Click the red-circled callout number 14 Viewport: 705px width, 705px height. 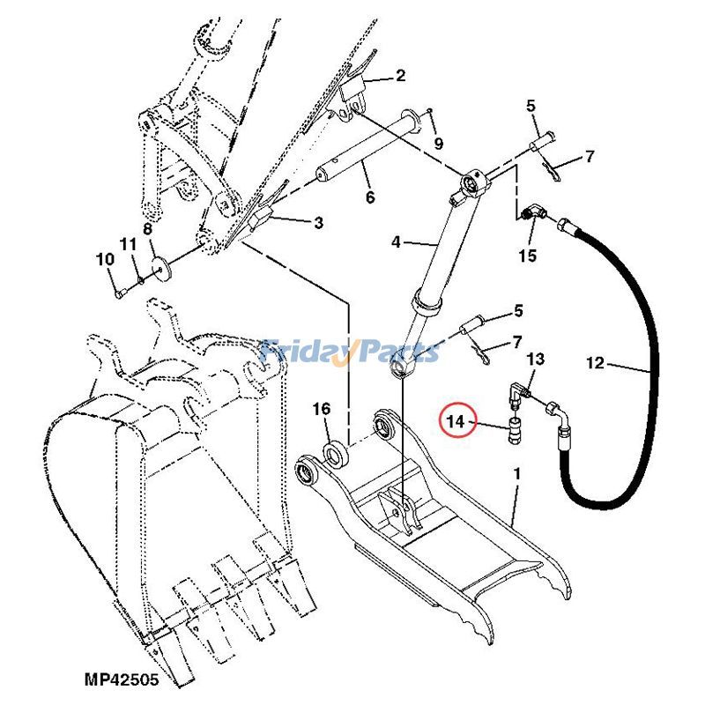456,424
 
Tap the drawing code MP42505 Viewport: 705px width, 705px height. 122,679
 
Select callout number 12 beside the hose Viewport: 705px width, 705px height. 596,361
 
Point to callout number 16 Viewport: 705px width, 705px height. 321,409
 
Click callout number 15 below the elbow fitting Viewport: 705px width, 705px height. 527,256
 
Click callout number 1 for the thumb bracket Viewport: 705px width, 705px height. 516,474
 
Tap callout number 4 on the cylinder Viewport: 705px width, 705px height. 396,241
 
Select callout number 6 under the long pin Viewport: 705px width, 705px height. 370,197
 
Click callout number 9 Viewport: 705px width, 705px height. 438,143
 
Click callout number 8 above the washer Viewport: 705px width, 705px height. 148,229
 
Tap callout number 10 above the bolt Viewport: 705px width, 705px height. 106,259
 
